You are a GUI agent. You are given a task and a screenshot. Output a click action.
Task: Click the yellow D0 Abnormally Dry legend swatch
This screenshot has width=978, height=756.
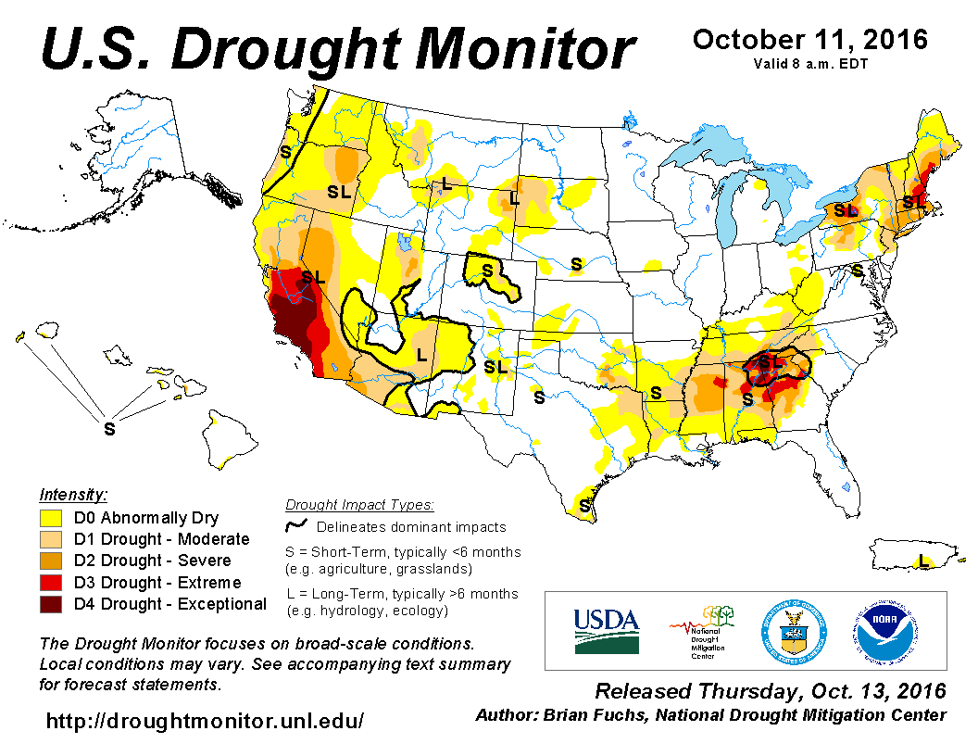(51, 518)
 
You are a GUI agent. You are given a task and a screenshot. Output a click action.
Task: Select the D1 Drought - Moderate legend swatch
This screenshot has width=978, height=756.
(51, 539)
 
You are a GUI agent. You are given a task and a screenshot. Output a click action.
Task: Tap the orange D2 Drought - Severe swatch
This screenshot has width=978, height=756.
(51, 561)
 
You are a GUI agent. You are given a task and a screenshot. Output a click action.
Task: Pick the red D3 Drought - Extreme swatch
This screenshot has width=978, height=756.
(51, 583)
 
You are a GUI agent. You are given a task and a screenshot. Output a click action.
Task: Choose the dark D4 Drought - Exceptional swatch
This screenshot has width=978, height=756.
(51, 604)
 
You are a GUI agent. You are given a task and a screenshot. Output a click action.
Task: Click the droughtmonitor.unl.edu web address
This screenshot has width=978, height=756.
(205, 719)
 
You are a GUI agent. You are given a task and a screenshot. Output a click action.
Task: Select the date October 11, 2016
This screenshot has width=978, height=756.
(809, 40)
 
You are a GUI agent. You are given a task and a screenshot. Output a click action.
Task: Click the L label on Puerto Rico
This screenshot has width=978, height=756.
(922, 561)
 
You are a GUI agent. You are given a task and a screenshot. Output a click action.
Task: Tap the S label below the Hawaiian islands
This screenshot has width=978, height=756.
(109, 429)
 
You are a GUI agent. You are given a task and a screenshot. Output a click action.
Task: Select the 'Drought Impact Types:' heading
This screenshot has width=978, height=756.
(359, 505)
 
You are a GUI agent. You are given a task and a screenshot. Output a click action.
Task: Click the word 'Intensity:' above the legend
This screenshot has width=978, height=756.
(73, 494)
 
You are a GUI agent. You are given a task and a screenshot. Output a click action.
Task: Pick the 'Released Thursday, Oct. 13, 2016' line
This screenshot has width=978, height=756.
(770, 691)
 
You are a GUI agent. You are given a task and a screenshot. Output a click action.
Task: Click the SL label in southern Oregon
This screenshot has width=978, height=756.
(339, 192)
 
